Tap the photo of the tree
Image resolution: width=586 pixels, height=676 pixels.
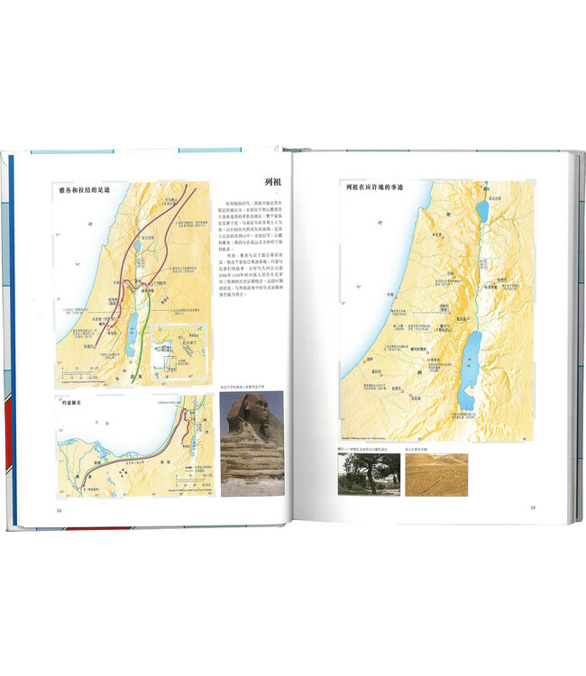pyautogui.click(x=368, y=474)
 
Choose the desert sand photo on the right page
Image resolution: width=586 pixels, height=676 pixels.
pyautogui.click(x=436, y=474)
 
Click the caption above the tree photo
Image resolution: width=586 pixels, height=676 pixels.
pyautogui.click(x=364, y=448)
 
